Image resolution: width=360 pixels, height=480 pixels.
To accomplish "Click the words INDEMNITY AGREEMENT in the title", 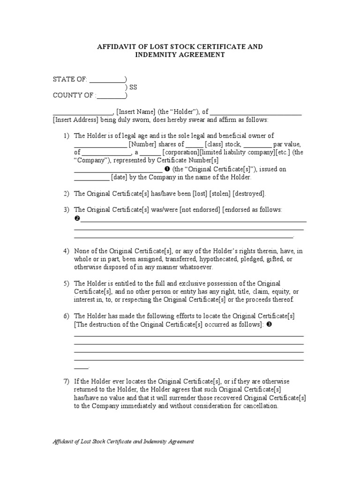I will [180, 55].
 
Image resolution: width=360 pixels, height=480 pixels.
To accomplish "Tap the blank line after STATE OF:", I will [107, 80].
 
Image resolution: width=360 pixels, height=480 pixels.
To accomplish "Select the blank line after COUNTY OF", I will [111, 96].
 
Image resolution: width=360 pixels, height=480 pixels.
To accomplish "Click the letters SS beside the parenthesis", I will [134, 88].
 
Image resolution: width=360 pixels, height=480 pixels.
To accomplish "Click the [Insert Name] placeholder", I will [136, 112].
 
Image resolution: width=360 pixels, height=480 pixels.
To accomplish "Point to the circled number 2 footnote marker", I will [77, 219].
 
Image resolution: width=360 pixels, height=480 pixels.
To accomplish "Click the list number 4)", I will [67, 251].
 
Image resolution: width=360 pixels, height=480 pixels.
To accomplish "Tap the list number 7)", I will [67, 382].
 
